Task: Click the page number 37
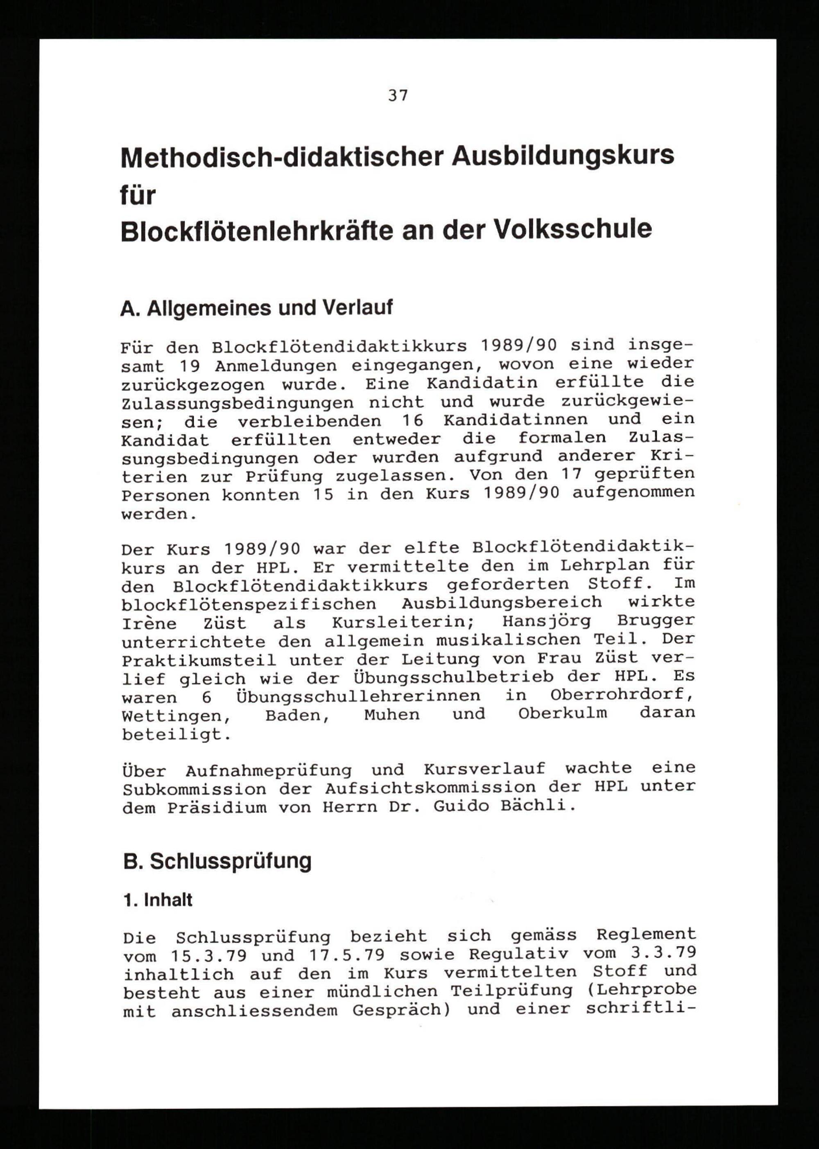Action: [398, 95]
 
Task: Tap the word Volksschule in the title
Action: [572, 229]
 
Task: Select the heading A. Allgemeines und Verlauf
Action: [256, 307]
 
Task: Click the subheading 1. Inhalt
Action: [158, 900]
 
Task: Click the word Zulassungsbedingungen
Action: [238, 403]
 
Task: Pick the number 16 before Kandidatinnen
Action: [412, 420]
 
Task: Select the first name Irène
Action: [149, 623]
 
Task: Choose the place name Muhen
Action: [392, 714]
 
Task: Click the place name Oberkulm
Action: [562, 714]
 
